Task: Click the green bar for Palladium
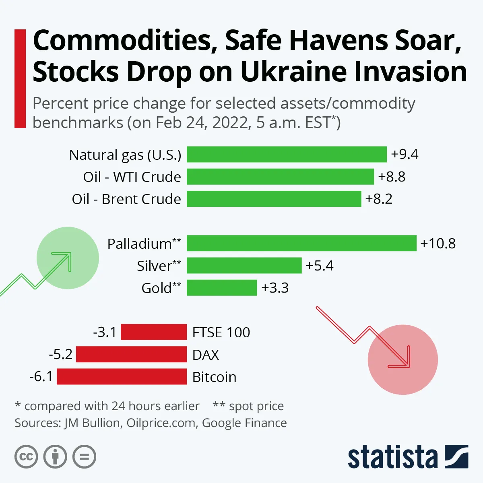click(x=301, y=244)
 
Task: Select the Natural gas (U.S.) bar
click(x=287, y=155)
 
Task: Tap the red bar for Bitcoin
click(x=122, y=377)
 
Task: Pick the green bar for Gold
click(x=222, y=288)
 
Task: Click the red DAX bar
click(x=131, y=355)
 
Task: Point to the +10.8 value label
click(x=438, y=244)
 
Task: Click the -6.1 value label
click(x=41, y=377)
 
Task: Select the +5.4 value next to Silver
click(x=320, y=266)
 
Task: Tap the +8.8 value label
click(x=392, y=177)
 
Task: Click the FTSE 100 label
click(x=221, y=332)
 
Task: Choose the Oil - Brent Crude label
click(x=126, y=199)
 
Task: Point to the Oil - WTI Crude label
click(x=132, y=177)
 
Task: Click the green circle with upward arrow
click(x=68, y=258)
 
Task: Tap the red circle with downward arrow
click(x=402, y=359)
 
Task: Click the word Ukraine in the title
click(x=293, y=72)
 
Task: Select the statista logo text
click(x=392, y=458)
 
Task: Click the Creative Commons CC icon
click(x=26, y=457)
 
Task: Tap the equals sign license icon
click(x=85, y=457)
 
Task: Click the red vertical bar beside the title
click(x=20, y=78)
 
